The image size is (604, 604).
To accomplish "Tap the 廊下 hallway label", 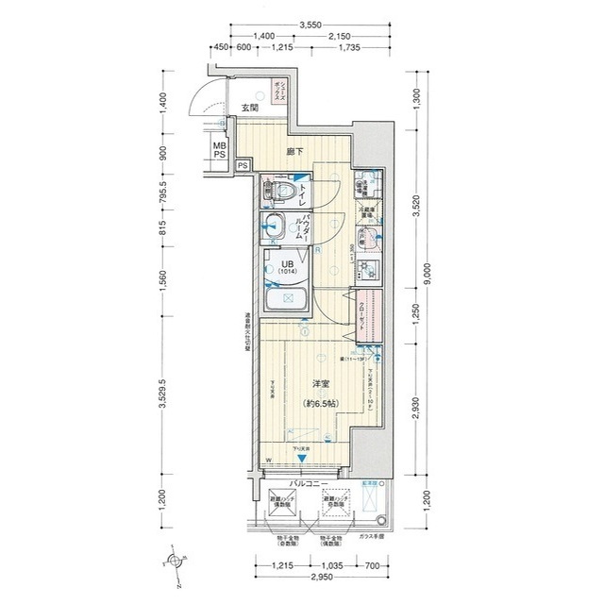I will point(294,151).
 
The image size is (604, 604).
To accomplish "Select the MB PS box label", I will point(218,150).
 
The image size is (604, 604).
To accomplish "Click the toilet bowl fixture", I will point(279,193).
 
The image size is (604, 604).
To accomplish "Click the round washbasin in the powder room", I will point(276,226).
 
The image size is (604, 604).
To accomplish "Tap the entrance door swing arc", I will point(203,105).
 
